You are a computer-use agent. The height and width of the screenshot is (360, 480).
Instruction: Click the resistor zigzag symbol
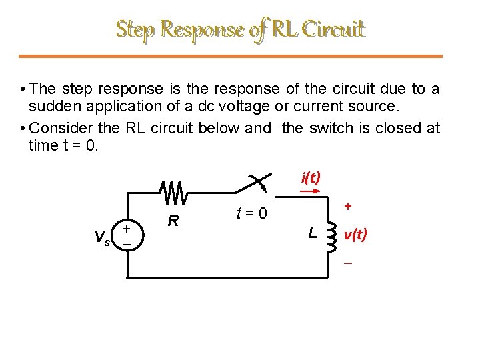tap(175, 192)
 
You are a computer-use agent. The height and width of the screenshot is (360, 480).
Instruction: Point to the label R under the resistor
tap(173, 220)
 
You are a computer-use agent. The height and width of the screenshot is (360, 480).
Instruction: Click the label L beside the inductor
tap(311, 233)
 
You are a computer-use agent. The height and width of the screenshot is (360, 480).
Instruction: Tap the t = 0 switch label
tap(251, 214)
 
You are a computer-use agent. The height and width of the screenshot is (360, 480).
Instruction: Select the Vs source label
tap(103, 236)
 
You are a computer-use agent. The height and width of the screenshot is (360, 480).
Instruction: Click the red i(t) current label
tap(311, 177)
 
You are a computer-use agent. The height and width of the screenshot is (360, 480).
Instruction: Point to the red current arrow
tap(309, 191)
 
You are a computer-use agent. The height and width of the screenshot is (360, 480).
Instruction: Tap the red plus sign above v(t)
tap(347, 208)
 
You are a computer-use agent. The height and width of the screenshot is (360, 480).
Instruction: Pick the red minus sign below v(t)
tap(347, 264)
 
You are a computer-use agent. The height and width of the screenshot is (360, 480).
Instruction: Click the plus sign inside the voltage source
tap(128, 229)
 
